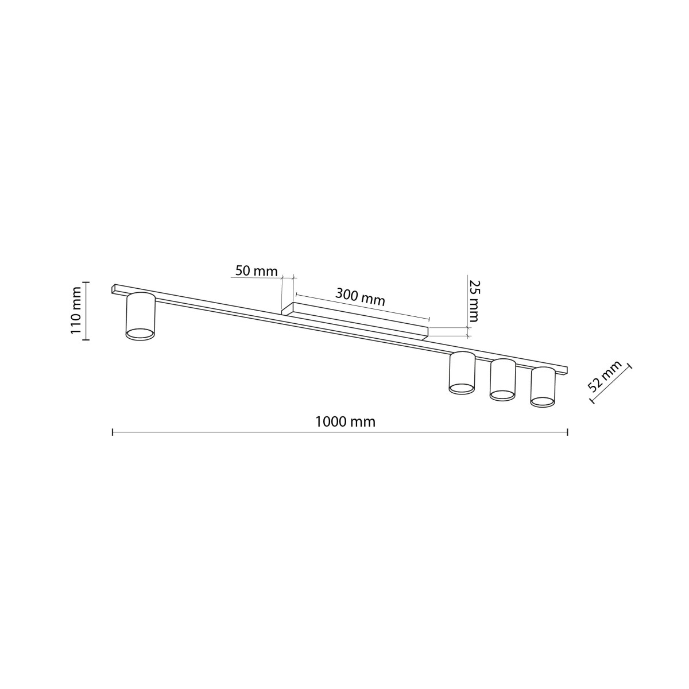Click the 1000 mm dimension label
tap(345, 422)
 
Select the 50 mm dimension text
tap(256, 271)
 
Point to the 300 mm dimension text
tap(360, 297)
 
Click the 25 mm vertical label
tap(474, 300)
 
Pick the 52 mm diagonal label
tap(605, 377)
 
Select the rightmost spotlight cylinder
tap(543, 386)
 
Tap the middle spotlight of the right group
tap(502, 379)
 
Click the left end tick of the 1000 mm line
tap(113, 431)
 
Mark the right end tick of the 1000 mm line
tap(567, 431)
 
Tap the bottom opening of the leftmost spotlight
tap(140, 334)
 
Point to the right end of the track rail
tap(565, 369)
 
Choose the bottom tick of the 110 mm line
tap(86, 340)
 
